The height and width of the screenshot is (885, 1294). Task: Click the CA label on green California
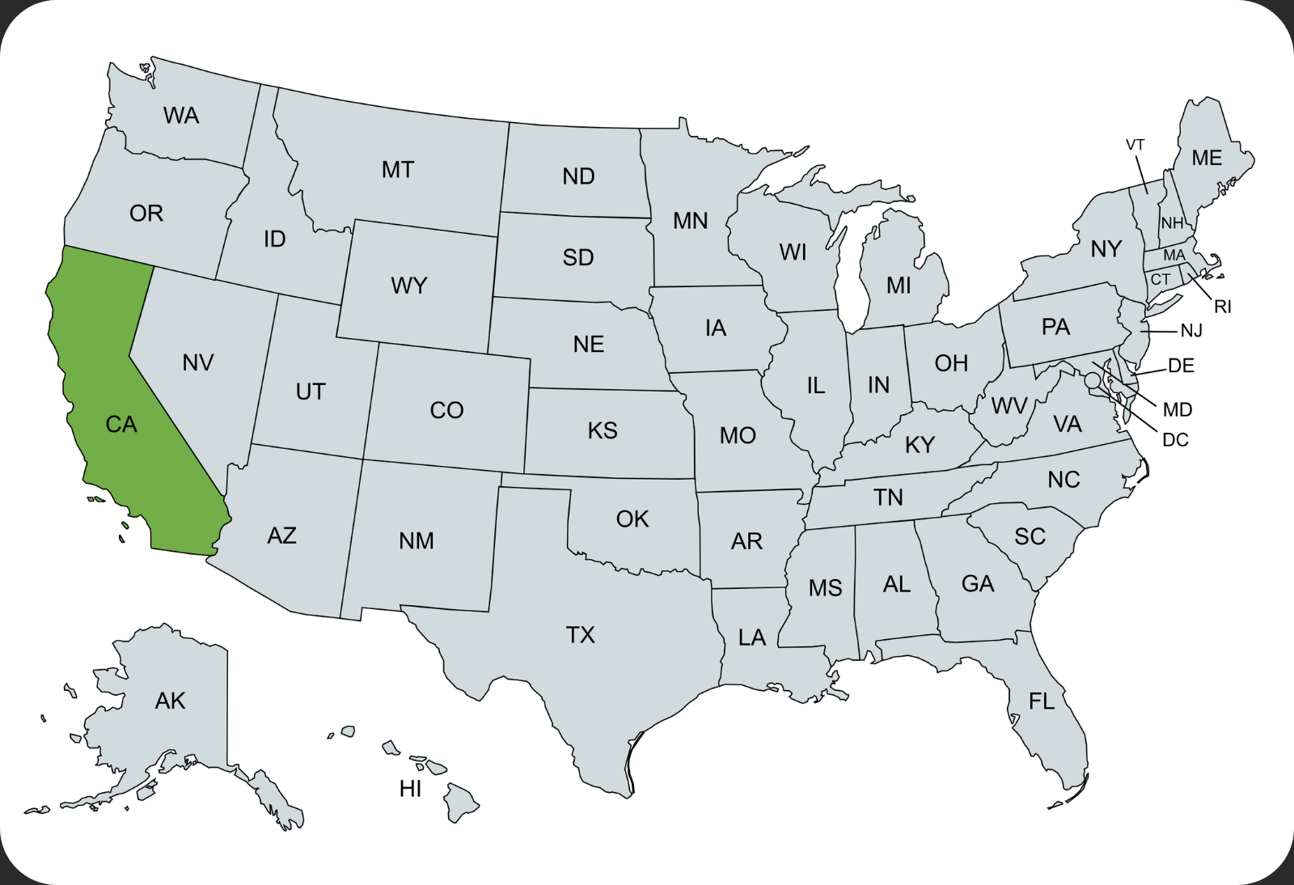tap(121, 425)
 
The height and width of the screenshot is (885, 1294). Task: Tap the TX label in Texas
tap(581, 635)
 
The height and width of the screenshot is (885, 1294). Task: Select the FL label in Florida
tap(1042, 701)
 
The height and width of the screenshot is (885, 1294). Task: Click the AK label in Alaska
tap(171, 701)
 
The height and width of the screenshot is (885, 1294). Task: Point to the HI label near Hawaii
tap(411, 789)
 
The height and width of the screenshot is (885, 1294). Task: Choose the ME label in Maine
tap(1207, 159)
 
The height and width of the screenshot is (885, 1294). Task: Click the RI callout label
tap(1222, 307)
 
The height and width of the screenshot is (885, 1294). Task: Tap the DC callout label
tap(1175, 440)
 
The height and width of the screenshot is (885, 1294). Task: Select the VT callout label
tap(1135, 145)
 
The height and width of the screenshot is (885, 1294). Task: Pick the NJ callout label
tap(1191, 331)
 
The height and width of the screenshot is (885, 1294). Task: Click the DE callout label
tap(1181, 366)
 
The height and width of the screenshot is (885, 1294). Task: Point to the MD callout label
tap(1178, 410)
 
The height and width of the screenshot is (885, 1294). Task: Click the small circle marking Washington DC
tap(1093, 379)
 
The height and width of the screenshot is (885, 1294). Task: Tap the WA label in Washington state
tap(181, 116)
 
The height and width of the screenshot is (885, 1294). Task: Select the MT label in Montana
tap(398, 170)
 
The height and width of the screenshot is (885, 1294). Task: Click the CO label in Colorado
tap(446, 411)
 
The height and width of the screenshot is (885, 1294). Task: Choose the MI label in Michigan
tap(899, 286)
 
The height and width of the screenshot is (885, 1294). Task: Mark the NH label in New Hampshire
tap(1172, 223)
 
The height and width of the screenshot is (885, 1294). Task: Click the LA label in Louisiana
tap(752, 638)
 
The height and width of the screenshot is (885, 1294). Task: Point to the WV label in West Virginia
tap(1009, 406)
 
